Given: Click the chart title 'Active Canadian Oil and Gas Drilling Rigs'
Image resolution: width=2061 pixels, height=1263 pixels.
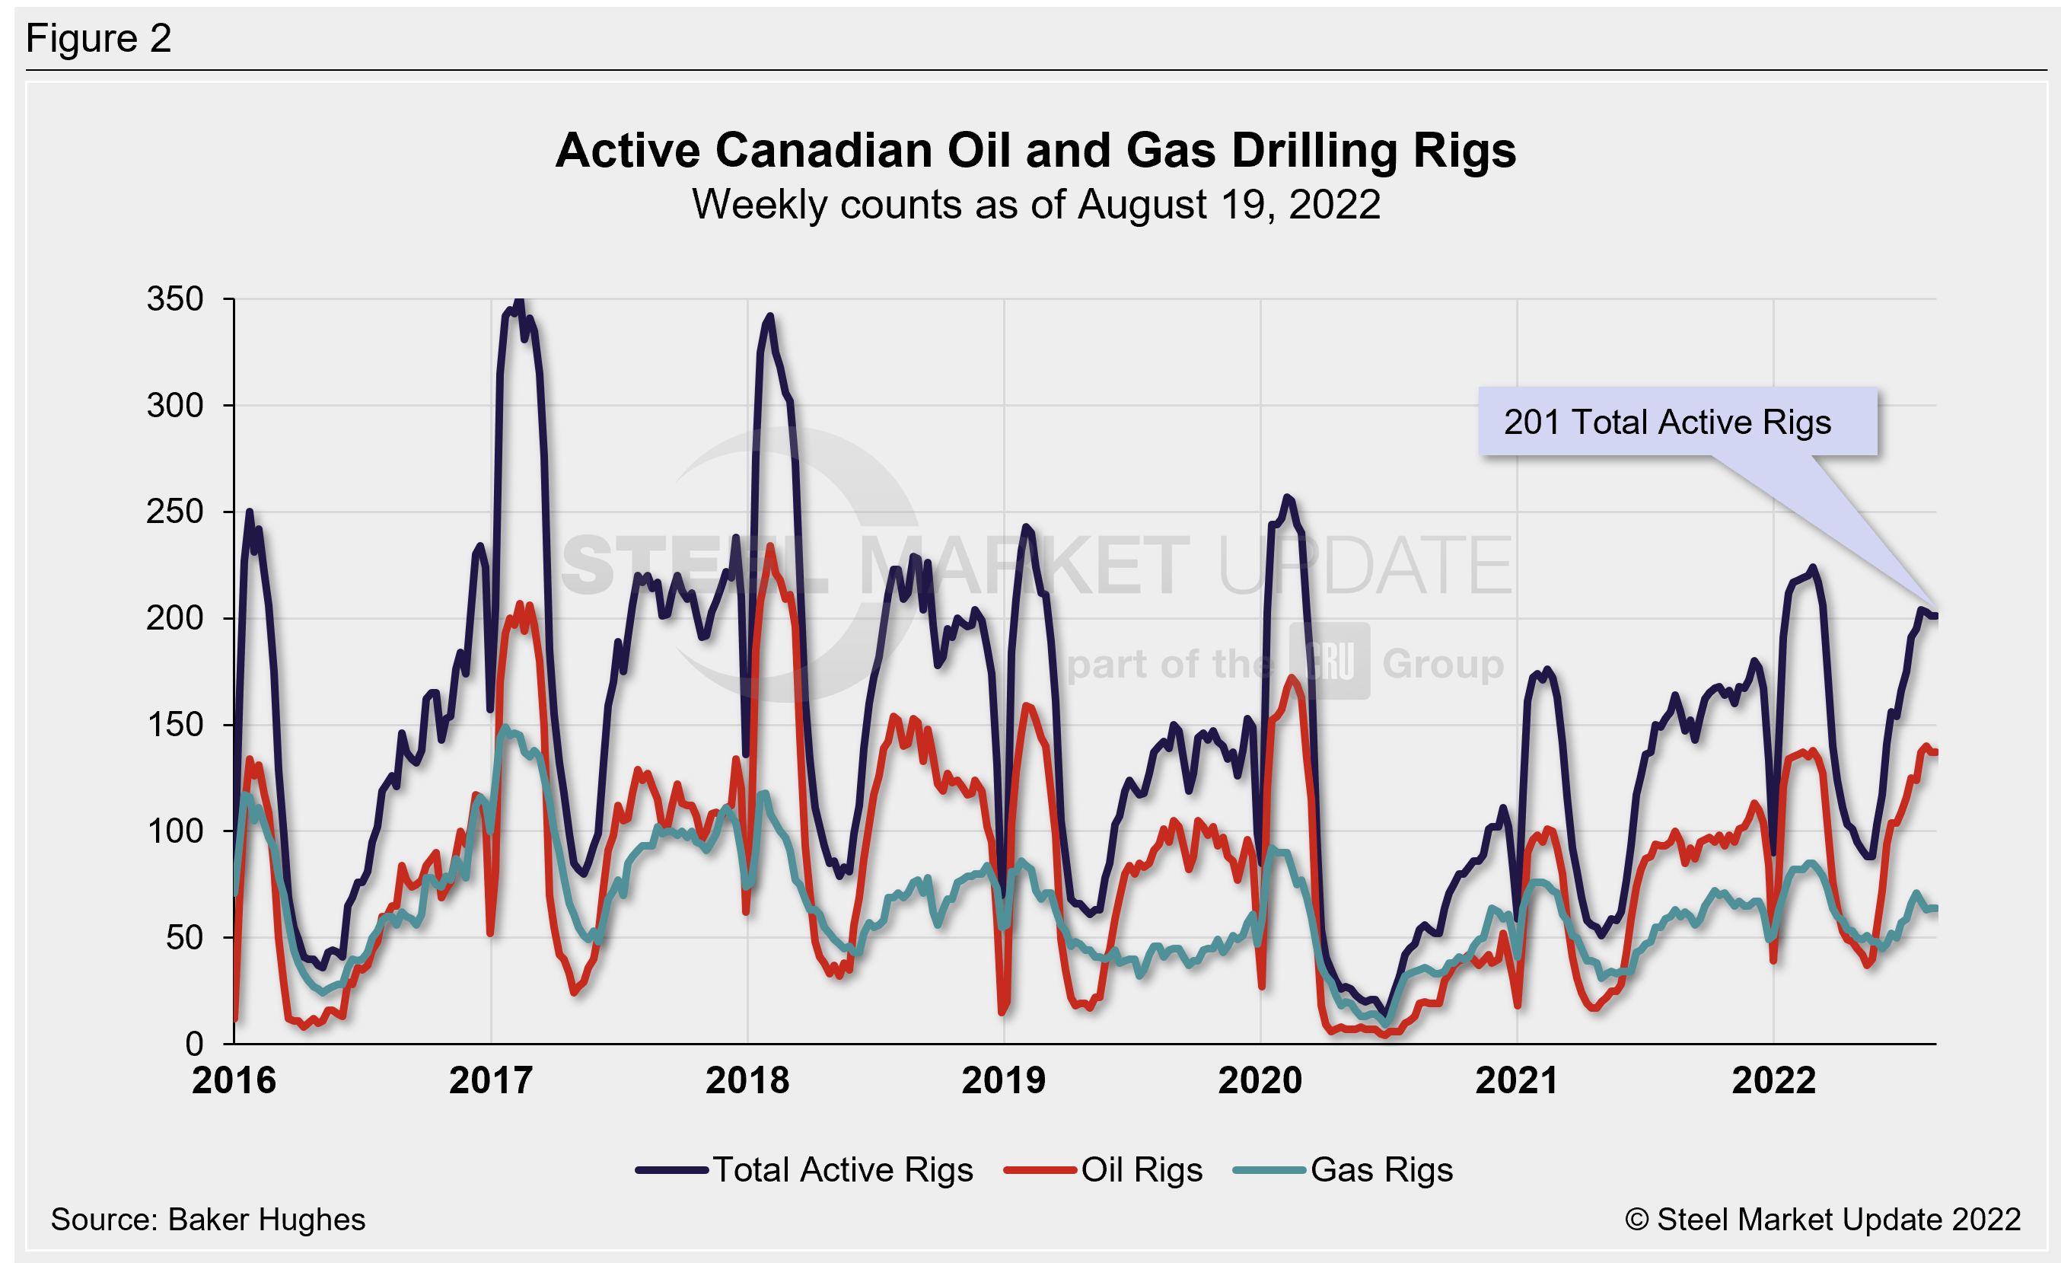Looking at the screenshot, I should [x=1036, y=151].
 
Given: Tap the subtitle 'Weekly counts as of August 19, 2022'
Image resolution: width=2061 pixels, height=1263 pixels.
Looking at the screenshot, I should [x=1036, y=205].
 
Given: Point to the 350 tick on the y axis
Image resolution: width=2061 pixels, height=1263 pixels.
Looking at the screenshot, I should [x=175, y=298].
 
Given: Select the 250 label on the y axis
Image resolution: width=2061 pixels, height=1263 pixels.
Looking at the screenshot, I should [x=175, y=512].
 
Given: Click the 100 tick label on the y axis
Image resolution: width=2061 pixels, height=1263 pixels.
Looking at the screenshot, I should [x=175, y=831].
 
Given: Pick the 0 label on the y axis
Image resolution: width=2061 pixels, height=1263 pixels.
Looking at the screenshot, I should [x=194, y=1044].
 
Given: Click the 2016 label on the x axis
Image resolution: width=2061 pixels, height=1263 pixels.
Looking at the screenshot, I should [x=234, y=1080].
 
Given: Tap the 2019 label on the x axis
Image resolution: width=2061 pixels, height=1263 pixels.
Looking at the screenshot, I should [x=1004, y=1080].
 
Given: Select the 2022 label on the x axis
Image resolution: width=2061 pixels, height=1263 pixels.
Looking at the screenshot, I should [x=1773, y=1080].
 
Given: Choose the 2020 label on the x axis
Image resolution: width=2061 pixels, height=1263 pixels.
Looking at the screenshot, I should [x=1260, y=1080].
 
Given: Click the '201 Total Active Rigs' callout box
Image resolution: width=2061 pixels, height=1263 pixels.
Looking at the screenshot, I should [x=1677, y=422].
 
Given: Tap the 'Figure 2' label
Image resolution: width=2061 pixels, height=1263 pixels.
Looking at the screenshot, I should [x=99, y=39].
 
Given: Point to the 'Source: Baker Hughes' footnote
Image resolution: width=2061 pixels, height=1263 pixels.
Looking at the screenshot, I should [x=209, y=1220].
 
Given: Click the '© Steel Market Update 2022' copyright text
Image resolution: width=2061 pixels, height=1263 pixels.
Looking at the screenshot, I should [x=1823, y=1220].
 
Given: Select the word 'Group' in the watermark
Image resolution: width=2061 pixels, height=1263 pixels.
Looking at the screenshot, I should [x=1443, y=664].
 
